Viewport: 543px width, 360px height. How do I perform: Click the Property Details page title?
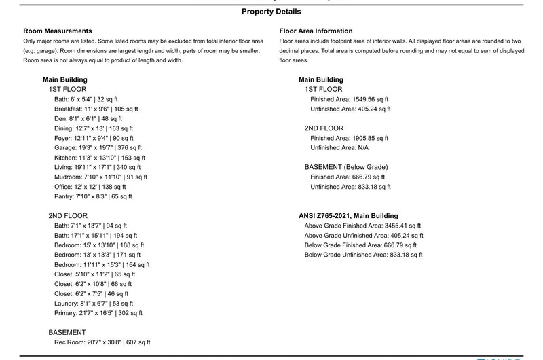(x=271, y=12)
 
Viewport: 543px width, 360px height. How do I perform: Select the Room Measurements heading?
(x=57, y=31)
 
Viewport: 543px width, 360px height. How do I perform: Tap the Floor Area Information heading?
(x=316, y=31)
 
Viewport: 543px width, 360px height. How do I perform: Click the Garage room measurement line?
(x=95, y=147)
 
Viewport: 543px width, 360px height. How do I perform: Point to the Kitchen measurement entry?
(x=96, y=157)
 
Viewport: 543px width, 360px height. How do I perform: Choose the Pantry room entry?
(x=93, y=196)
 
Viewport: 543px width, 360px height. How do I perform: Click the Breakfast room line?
(x=96, y=109)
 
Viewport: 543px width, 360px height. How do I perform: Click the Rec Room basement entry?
(x=102, y=342)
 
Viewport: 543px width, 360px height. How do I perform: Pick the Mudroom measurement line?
(x=100, y=177)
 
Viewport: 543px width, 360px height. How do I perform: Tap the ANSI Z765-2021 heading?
(x=348, y=215)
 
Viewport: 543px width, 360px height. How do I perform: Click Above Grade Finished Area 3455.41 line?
(x=362, y=226)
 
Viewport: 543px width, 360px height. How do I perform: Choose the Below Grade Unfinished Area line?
(x=363, y=255)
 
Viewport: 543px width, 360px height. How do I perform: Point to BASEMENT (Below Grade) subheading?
(x=345, y=167)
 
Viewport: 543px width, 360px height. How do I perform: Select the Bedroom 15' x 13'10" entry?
(x=102, y=245)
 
